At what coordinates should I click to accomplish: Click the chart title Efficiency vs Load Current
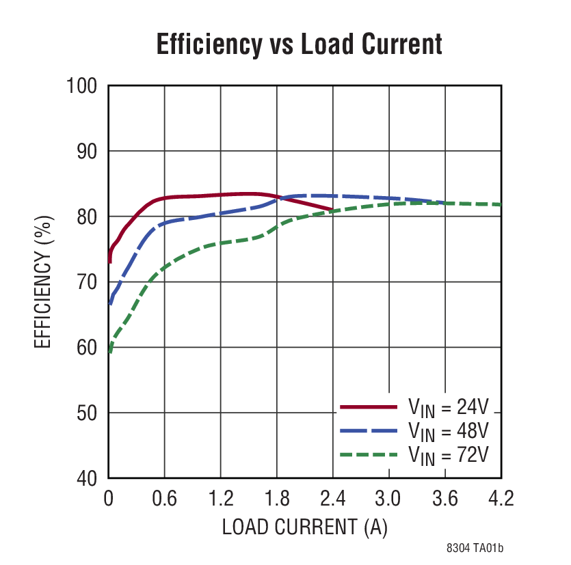299,44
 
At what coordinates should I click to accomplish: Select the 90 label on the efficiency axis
86,152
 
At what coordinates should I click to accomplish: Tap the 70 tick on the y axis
86,282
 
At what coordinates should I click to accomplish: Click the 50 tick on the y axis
86,413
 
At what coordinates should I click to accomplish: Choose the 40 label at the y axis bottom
86,478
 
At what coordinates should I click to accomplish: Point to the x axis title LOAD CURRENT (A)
305,527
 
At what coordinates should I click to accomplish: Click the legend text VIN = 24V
449,408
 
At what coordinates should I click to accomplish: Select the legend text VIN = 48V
449,431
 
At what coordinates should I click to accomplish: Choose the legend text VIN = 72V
449,454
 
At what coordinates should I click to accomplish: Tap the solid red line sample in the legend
369,407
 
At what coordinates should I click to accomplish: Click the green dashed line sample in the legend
369,454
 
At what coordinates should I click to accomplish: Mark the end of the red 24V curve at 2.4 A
332,210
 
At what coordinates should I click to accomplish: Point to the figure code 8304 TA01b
475,548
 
